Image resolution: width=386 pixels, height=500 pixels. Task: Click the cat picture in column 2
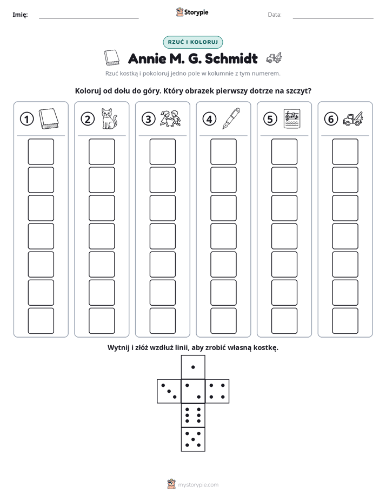pyautogui.click(x=109, y=119)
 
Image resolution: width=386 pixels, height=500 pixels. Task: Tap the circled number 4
pyautogui.click(x=209, y=119)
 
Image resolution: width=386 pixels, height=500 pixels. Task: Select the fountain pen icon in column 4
pyautogui.click(x=231, y=119)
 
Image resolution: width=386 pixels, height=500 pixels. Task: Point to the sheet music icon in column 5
pyautogui.click(x=292, y=119)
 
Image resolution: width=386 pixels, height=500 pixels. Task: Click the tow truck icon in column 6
pyautogui.click(x=353, y=119)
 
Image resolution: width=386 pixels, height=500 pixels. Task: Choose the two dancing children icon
pyautogui.click(x=170, y=119)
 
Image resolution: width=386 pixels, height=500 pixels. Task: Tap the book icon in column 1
pyautogui.click(x=49, y=119)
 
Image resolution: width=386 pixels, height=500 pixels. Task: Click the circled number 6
pyautogui.click(x=331, y=119)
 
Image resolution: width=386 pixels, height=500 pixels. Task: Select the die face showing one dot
pyautogui.click(x=193, y=367)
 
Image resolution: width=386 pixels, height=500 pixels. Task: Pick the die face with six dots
pyautogui.click(x=193, y=415)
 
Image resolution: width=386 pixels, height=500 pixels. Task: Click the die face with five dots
pyautogui.click(x=193, y=439)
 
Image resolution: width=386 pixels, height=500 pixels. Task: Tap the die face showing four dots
pyautogui.click(x=217, y=391)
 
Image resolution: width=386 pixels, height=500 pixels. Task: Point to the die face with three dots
pyautogui.click(x=169, y=391)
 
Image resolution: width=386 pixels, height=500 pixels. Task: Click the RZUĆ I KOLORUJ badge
pyautogui.click(x=193, y=42)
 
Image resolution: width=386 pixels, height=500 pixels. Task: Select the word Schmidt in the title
pyautogui.click(x=231, y=58)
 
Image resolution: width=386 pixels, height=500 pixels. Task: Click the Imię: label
pyautogui.click(x=20, y=15)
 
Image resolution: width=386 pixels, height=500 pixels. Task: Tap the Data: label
pyautogui.click(x=275, y=15)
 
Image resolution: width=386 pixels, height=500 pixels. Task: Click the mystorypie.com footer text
pyautogui.click(x=198, y=485)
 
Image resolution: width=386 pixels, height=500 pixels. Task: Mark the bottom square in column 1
pyautogui.click(x=41, y=321)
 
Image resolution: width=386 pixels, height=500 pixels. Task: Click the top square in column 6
pyautogui.click(x=345, y=152)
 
